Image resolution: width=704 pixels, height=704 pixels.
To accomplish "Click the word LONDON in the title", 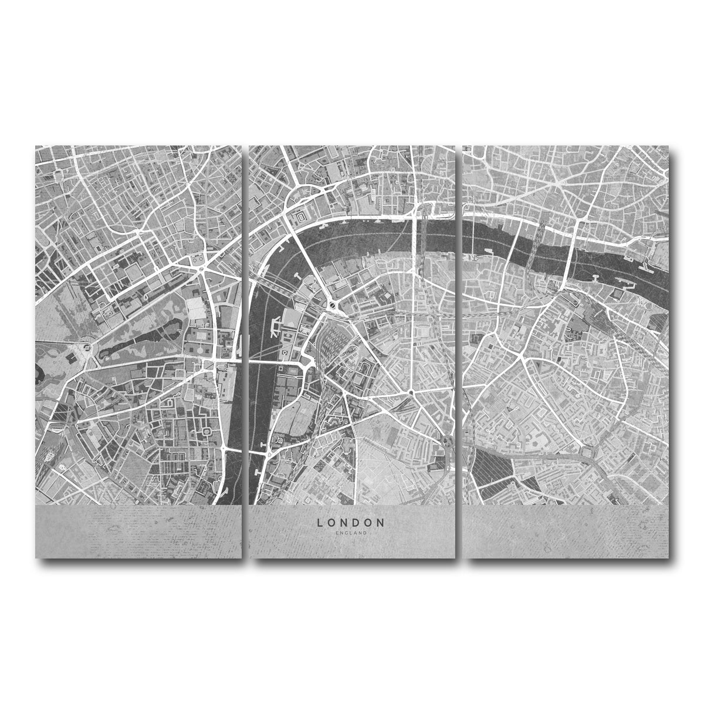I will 351,522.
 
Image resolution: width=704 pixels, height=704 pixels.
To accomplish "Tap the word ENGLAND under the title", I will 351,533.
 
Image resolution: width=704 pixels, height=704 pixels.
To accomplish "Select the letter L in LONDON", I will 320,522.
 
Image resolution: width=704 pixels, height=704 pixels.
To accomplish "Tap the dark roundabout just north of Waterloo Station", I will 333,304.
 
